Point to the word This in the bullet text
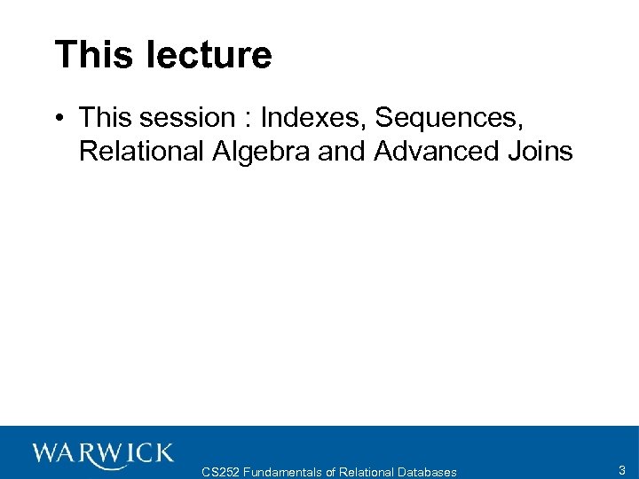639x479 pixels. click(105, 117)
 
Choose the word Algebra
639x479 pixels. click(262, 152)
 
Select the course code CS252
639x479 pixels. click(220, 472)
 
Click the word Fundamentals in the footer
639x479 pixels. click(282, 472)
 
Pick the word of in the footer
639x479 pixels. click(330, 472)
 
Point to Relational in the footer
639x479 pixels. click(367, 472)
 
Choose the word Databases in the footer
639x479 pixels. click(428, 472)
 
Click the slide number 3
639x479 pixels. click(622, 470)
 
